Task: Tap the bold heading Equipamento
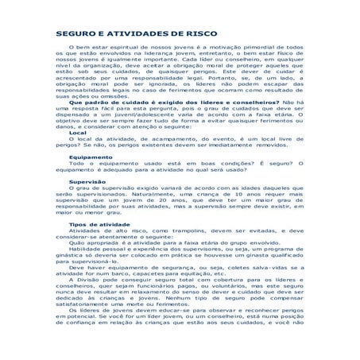tap(90, 180)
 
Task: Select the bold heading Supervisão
tap(87, 203)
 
